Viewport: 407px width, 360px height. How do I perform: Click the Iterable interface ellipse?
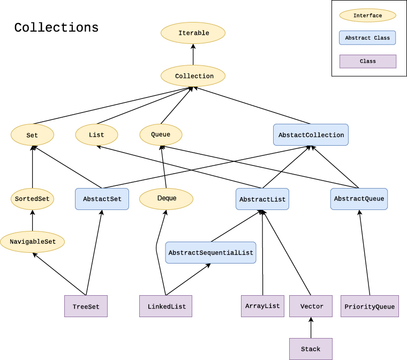coord(193,33)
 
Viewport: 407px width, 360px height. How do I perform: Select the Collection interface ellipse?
coord(193,76)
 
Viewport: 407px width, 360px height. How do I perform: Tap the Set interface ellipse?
coord(32,135)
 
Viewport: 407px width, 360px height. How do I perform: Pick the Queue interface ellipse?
coord(161,134)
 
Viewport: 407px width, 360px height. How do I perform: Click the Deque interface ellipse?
coord(166,199)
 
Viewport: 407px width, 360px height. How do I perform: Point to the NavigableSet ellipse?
coord(32,242)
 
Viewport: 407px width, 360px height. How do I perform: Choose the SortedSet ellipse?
coord(32,199)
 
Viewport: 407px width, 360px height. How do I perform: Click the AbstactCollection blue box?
coord(311,135)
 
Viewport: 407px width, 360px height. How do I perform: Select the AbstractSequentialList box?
coord(210,253)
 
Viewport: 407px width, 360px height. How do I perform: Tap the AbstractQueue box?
coord(359,199)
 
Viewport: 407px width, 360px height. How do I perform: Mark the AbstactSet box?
coord(102,199)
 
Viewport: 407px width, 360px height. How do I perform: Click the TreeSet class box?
coord(86,306)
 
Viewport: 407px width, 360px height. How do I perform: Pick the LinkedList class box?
coord(166,306)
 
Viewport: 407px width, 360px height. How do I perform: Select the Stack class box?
coord(311,349)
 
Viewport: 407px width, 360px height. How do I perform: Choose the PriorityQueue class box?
coord(370,306)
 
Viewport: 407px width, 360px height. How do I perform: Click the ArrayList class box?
coord(262,306)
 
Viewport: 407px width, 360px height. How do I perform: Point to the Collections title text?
coord(56,28)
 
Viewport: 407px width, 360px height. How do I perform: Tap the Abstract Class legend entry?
coord(367,38)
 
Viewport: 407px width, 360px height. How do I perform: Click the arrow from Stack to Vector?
coord(311,328)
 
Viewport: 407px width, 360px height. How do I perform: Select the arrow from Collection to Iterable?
coord(193,55)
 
